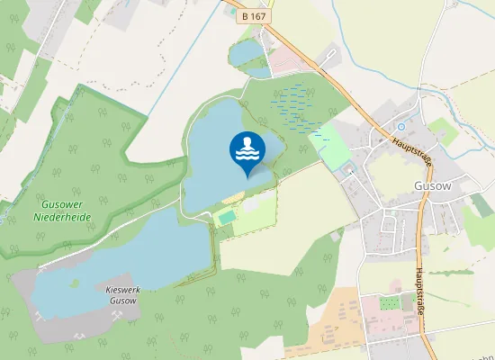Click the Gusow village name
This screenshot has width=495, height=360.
[434, 187]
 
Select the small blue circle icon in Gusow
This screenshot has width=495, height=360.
[401, 127]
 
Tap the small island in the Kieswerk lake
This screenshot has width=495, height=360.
[76, 283]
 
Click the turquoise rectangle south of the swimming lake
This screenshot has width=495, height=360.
[226, 217]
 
